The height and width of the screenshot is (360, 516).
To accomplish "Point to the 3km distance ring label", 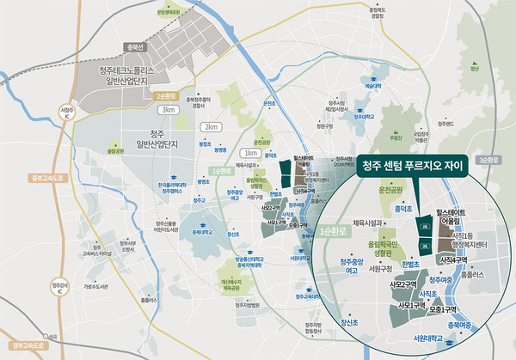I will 167,109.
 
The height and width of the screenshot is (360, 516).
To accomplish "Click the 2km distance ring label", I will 207,126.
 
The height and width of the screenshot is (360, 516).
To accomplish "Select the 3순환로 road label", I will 488,160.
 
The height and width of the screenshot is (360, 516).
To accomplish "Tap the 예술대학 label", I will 372,86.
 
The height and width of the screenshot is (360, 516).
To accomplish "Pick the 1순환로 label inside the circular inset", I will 332,232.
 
